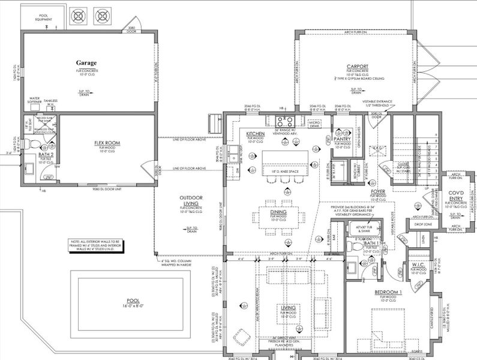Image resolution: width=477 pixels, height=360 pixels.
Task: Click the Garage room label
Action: click(86, 62)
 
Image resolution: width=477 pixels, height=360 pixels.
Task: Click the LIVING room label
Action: click(289, 307)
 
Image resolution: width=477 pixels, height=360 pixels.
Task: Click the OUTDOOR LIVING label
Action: click(193, 202)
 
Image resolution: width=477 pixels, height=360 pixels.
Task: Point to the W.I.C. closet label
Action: click(418, 265)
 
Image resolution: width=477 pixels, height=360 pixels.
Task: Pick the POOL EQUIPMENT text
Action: click(44, 18)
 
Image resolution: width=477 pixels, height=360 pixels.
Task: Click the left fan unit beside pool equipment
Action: click(79, 14)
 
